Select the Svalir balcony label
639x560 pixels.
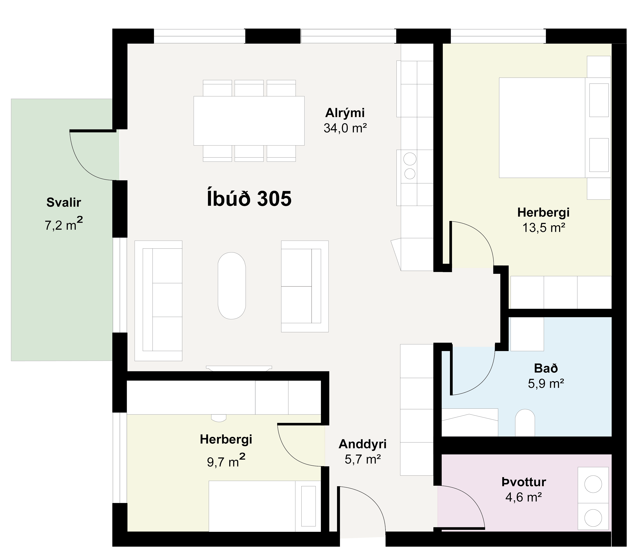point(64,202)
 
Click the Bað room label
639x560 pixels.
point(546,369)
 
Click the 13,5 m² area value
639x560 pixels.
point(544,228)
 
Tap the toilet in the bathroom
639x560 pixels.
point(525,423)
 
